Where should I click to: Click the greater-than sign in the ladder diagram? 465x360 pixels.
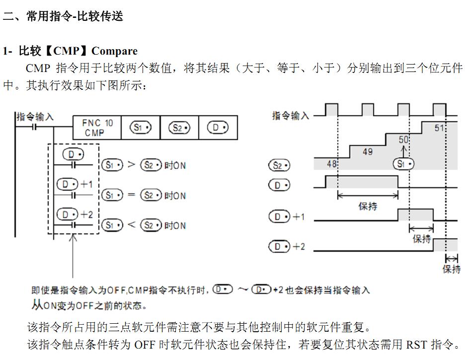[x=131, y=165]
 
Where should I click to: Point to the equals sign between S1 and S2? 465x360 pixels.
[x=131, y=195]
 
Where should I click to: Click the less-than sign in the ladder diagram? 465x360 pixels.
[x=131, y=225]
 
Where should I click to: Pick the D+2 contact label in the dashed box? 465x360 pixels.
[x=75, y=215]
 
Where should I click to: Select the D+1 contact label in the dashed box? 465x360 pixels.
[x=75, y=184]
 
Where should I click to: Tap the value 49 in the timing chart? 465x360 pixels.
[x=368, y=151]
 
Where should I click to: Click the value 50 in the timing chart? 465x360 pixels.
[x=403, y=141]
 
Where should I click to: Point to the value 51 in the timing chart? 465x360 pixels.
[x=439, y=128]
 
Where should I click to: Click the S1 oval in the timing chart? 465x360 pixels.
[x=403, y=164]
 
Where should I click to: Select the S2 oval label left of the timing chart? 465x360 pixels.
[x=279, y=165]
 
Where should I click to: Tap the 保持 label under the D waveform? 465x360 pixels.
[x=368, y=206]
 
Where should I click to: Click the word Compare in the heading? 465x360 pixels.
[x=114, y=51]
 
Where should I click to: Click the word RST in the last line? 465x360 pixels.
[x=416, y=344]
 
